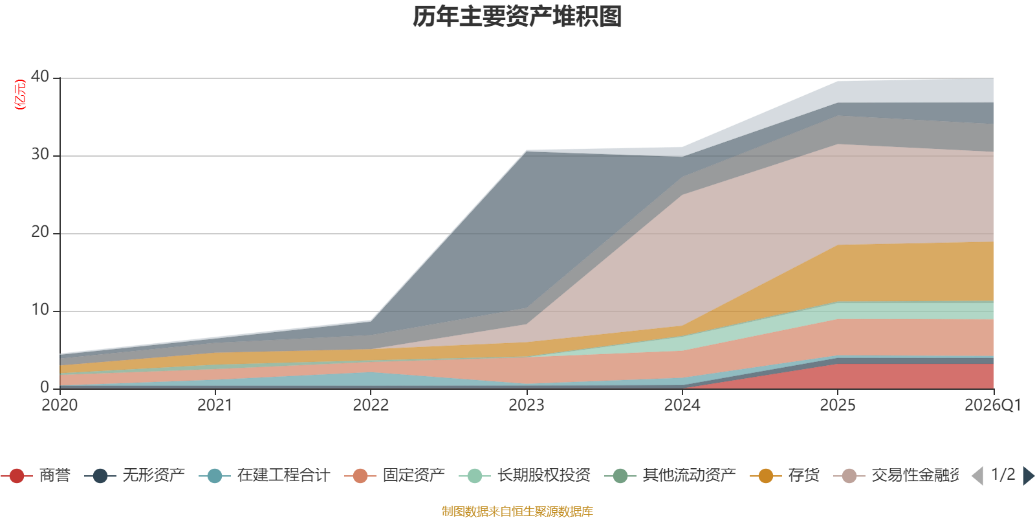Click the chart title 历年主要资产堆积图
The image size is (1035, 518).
pyautogui.click(x=517, y=17)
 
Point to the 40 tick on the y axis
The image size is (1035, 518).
pyautogui.click(x=40, y=76)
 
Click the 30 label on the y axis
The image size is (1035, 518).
pyautogui.click(x=40, y=154)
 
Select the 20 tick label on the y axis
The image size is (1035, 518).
pyautogui.click(x=40, y=232)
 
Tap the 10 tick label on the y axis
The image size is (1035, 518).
pyautogui.click(x=40, y=310)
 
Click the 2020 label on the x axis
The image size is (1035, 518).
pyautogui.click(x=60, y=405)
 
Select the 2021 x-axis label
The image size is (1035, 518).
pyautogui.click(x=215, y=405)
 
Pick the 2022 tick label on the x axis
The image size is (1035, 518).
pyautogui.click(x=371, y=405)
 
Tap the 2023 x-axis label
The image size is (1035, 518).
pyautogui.click(x=526, y=405)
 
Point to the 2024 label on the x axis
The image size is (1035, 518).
pyautogui.click(x=682, y=405)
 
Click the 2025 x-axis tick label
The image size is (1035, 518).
pyautogui.click(x=838, y=405)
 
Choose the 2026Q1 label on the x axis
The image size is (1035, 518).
pyautogui.click(x=993, y=405)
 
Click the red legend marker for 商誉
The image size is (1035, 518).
pyautogui.click(x=17, y=476)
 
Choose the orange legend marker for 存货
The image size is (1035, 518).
pyautogui.click(x=766, y=476)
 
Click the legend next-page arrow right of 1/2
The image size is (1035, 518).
pyautogui.click(x=1029, y=476)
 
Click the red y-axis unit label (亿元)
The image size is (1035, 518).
pyautogui.click(x=20, y=95)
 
